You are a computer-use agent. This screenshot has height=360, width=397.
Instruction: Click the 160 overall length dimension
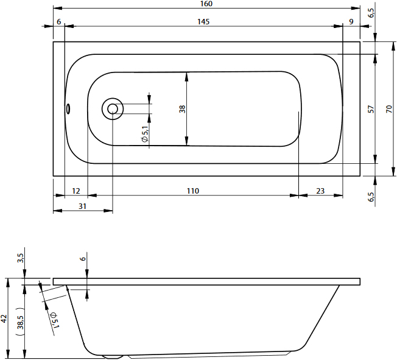[206, 4]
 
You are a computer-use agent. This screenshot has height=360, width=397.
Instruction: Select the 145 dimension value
[203, 22]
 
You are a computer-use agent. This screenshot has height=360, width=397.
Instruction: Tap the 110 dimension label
[192, 191]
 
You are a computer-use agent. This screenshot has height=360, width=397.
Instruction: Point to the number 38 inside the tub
[182, 109]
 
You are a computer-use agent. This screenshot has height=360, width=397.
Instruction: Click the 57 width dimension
[371, 109]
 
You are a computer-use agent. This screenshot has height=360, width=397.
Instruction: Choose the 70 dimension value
[389, 109]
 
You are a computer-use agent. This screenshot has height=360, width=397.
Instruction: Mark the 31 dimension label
[83, 206]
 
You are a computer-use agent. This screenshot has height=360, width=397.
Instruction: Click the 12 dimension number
[76, 191]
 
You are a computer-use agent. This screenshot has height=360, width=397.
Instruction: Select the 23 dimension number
[320, 191]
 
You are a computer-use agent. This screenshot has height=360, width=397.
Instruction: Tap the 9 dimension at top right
[351, 22]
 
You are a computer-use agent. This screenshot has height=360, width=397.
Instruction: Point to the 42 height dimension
[4, 319]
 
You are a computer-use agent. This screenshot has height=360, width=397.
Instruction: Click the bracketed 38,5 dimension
[20, 322]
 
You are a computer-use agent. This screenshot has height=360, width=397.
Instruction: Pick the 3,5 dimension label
[20, 258]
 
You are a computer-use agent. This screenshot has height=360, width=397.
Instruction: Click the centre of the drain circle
[113, 109]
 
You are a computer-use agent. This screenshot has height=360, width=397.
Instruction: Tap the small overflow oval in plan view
[68, 109]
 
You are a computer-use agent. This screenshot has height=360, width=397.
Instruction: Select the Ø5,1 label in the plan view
[145, 134]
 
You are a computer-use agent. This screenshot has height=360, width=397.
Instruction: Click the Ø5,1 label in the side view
[54, 320]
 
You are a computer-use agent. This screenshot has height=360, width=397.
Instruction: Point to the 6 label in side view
[83, 259]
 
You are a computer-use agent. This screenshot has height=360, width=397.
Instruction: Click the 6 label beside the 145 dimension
[59, 22]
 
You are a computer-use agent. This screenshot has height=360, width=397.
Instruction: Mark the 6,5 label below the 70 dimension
[371, 197]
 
